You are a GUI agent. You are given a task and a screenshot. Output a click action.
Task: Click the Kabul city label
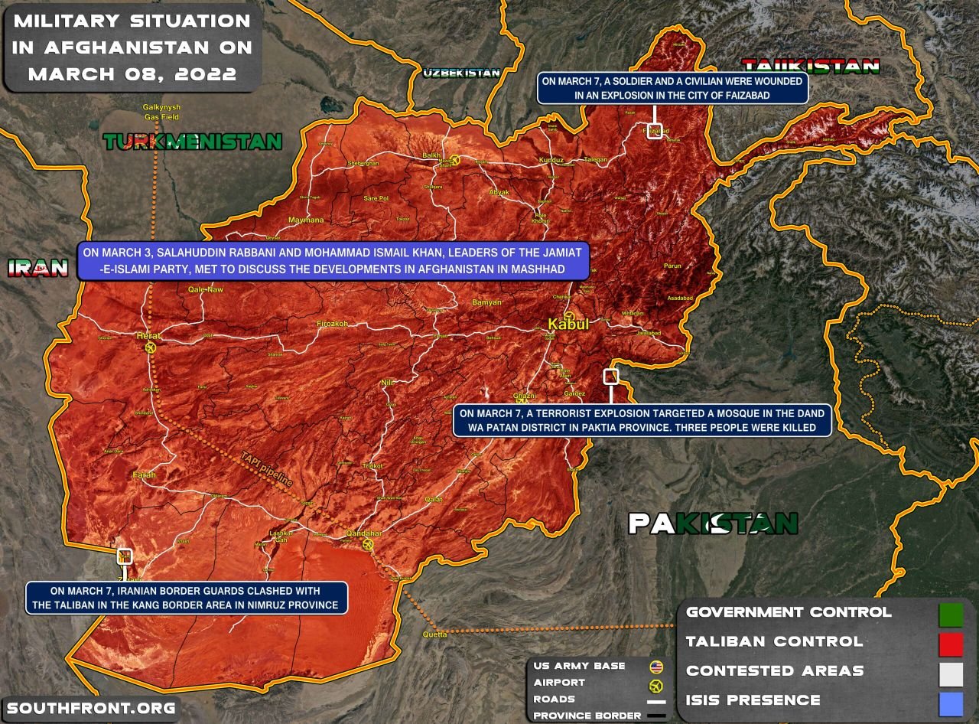click(x=568, y=324)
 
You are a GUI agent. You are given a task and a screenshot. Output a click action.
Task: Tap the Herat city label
click(x=146, y=335)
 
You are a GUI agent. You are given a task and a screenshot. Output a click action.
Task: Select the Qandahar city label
click(x=364, y=533)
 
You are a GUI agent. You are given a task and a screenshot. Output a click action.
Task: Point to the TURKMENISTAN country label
click(x=193, y=142)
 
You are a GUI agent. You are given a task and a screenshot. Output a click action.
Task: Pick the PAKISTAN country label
click(x=713, y=523)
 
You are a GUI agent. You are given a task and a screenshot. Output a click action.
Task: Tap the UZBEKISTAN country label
click(x=461, y=73)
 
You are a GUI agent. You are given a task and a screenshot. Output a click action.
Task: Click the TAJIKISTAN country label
click(x=811, y=66)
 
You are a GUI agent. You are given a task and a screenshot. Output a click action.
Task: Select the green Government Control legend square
click(x=951, y=615)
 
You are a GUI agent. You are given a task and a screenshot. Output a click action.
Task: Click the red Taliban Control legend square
click(x=951, y=644)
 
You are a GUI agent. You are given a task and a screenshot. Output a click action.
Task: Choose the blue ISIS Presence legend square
click(x=951, y=702)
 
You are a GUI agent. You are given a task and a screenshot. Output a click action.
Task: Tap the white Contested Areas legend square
click(x=951, y=673)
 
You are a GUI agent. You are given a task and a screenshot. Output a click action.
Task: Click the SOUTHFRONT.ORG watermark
click(x=91, y=708)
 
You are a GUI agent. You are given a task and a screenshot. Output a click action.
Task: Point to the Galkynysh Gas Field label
click(x=161, y=112)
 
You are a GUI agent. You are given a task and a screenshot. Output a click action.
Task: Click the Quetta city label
click(x=434, y=634)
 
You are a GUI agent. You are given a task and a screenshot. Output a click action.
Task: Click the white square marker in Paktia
click(x=610, y=376)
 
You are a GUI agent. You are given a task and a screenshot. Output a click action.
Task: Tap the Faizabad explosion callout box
click(x=672, y=88)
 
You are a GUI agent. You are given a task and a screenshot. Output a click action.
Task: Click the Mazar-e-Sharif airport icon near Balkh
click(x=455, y=160)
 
